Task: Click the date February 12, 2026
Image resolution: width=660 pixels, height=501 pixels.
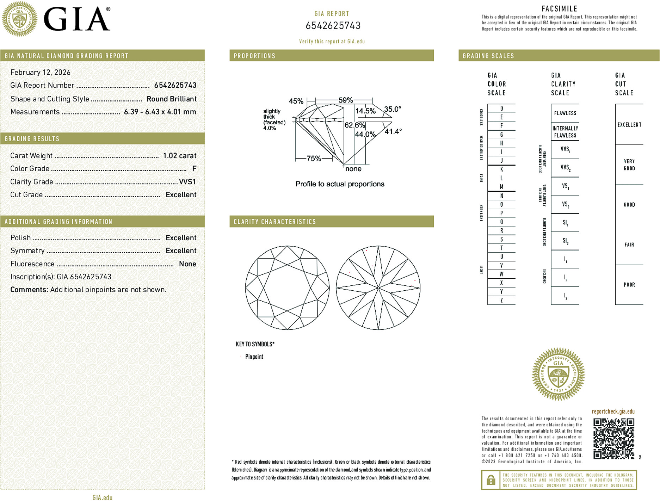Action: [x=41, y=73]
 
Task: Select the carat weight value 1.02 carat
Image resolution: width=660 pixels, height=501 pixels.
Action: [x=179, y=156]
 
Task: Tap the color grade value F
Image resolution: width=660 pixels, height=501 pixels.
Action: [x=194, y=169]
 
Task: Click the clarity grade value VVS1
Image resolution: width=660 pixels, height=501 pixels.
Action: [x=187, y=182]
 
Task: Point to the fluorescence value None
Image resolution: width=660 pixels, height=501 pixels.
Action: [x=187, y=264]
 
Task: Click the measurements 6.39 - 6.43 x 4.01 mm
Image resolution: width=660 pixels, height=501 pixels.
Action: [x=160, y=112]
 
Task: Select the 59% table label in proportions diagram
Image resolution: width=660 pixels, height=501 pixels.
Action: [x=345, y=100]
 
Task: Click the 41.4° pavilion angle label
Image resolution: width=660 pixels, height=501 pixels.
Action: [x=393, y=132]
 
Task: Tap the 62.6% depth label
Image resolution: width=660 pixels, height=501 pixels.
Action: [x=354, y=125]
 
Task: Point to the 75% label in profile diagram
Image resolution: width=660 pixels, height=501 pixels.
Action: [x=314, y=159]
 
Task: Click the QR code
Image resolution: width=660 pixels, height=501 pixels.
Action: [x=613, y=439]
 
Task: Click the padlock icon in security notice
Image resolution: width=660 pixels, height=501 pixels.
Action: [x=491, y=480]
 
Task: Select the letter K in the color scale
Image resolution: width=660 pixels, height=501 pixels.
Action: [x=501, y=169]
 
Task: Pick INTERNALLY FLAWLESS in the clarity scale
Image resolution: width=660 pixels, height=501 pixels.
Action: [x=565, y=132]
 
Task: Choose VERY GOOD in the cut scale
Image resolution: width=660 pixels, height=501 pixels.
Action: [x=629, y=165]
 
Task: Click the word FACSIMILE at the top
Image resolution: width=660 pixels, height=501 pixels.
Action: [x=559, y=9]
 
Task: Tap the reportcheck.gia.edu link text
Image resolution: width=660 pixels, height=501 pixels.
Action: [x=613, y=412]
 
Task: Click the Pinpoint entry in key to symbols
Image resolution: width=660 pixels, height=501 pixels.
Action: [x=254, y=357]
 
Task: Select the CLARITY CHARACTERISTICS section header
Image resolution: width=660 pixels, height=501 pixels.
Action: [x=275, y=222]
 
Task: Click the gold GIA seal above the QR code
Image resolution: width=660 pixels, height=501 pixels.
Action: [x=558, y=374]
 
